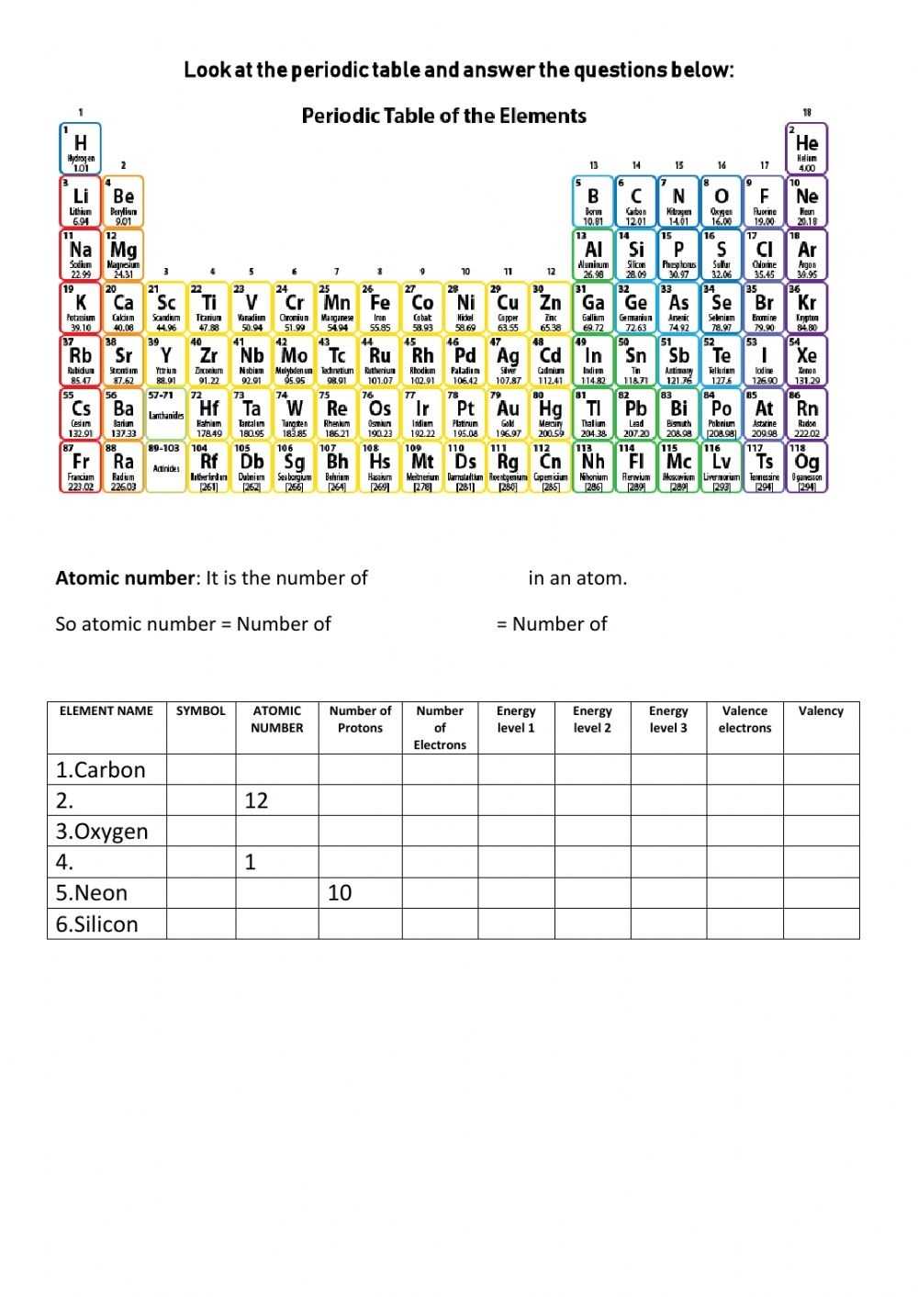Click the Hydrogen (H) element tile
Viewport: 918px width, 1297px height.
click(x=81, y=149)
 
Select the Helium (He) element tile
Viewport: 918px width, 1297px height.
click(x=807, y=149)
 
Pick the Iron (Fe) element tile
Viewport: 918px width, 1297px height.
click(x=379, y=308)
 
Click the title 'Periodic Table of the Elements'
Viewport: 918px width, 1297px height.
click(x=443, y=116)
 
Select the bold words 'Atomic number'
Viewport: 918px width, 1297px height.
click(x=126, y=578)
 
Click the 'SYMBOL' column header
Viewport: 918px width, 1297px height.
click(x=200, y=710)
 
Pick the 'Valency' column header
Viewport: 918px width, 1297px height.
click(x=821, y=710)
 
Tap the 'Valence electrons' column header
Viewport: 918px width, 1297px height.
click(x=744, y=719)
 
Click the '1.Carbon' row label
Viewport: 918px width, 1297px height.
click(x=101, y=770)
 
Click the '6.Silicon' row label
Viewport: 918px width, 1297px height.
click(x=97, y=924)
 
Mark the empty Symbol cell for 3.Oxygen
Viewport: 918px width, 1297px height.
click(x=201, y=832)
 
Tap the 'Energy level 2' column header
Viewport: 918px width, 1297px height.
click(x=592, y=719)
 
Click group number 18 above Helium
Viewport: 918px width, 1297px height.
click(x=807, y=112)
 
